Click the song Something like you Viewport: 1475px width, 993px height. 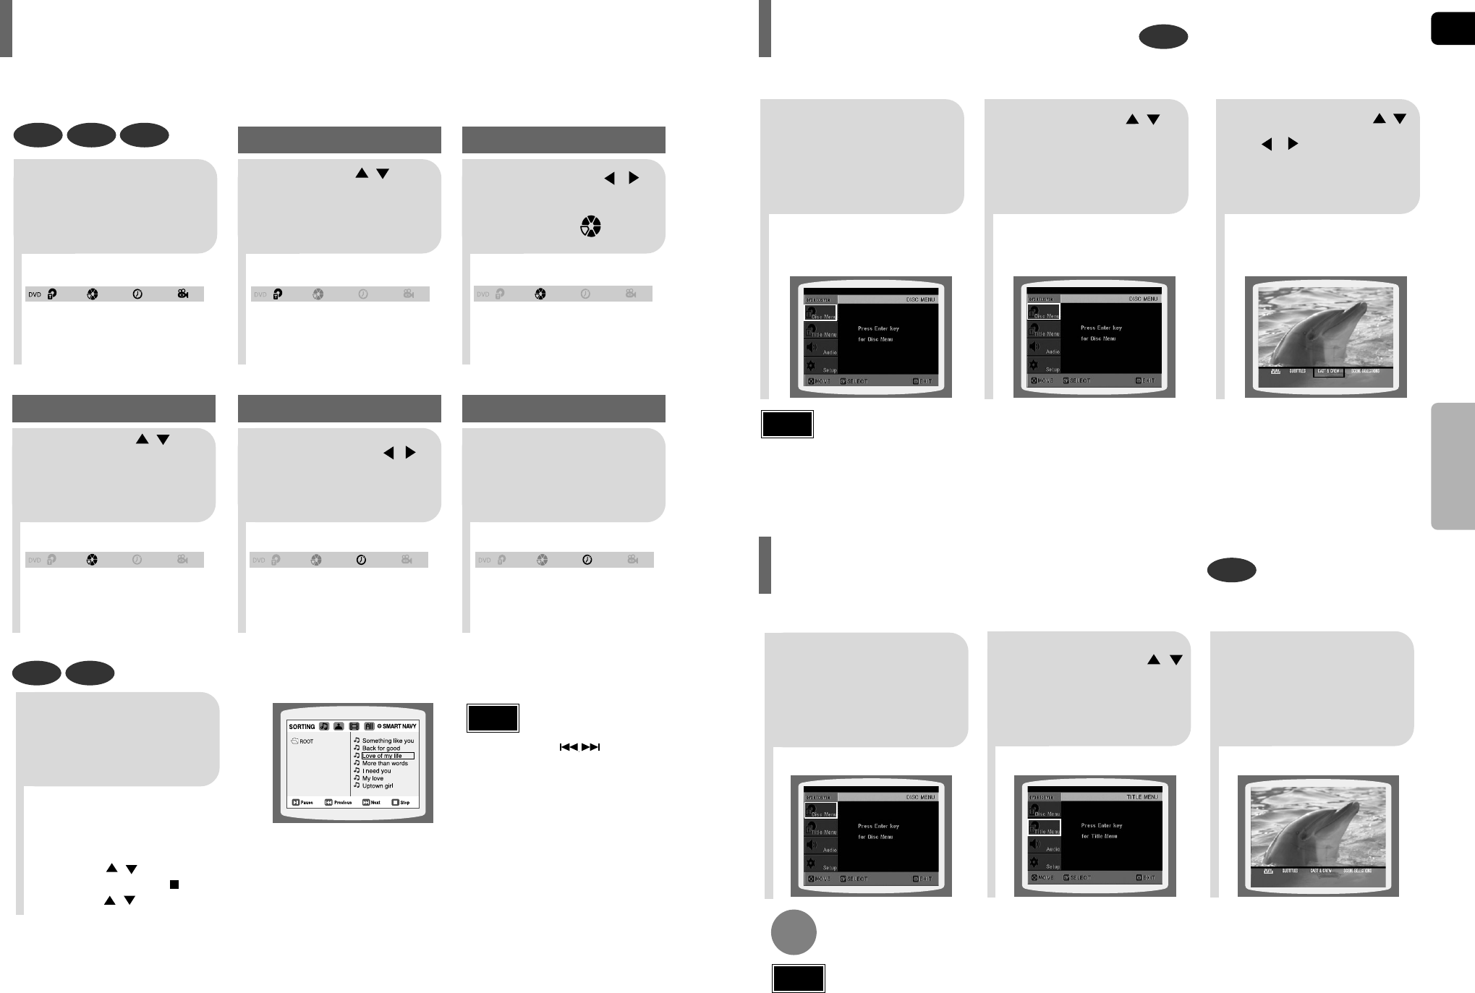pos(388,741)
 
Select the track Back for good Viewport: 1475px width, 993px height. pos(381,749)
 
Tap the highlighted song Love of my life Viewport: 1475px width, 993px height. pos(383,756)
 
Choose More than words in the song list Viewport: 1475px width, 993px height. pos(385,764)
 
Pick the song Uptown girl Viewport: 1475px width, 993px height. pos(377,786)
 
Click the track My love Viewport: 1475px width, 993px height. pos(373,779)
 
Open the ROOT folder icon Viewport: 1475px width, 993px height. pos(295,741)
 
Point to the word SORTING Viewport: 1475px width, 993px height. pos(302,727)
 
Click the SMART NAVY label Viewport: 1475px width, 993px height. pos(399,726)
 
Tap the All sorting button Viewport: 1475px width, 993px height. pos(369,726)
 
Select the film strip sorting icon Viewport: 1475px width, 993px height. pos(354,726)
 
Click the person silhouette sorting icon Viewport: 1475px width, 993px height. pos(339,726)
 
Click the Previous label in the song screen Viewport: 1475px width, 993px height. pos(342,802)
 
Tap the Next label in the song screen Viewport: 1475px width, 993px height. pos(375,802)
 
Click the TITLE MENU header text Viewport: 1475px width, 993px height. pos(1142,797)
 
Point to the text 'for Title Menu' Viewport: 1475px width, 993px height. pos(1099,836)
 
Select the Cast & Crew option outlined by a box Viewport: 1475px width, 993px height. pos(1328,372)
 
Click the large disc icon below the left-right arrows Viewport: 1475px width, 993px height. pos(590,227)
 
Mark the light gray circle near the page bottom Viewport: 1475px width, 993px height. pos(793,932)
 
